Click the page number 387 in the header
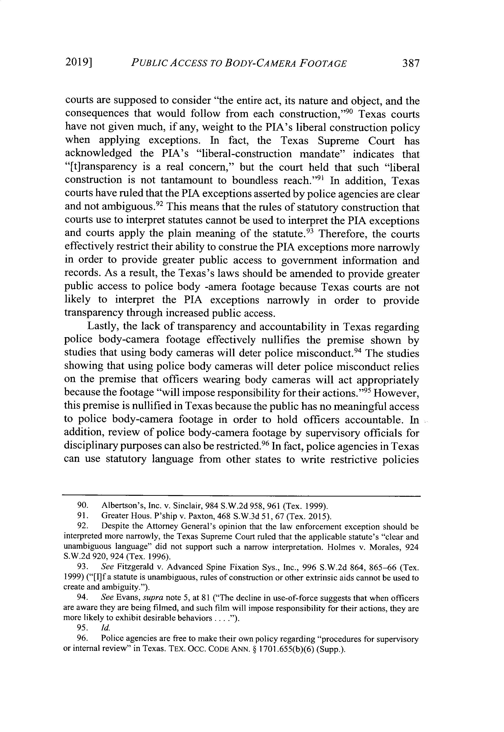coord(410,64)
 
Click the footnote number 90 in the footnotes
coord(82,507)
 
